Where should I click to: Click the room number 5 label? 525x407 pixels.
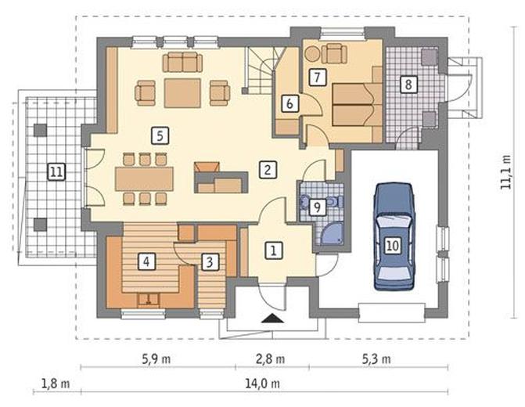160,136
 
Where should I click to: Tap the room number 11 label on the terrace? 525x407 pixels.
56,172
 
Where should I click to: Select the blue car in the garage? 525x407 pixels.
393,236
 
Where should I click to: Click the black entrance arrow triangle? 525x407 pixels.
273,319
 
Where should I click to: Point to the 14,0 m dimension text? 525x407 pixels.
263,384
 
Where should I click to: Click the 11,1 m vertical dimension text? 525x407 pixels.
506,172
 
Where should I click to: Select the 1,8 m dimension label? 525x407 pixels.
56,384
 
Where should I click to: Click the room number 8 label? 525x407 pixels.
408,84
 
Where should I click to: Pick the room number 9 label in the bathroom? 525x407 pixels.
317,207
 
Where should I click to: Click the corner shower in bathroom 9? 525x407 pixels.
330,234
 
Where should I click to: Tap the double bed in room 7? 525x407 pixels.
358,105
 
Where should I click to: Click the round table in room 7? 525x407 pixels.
312,54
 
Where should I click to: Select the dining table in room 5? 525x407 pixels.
144,179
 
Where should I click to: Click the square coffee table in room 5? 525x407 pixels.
182,93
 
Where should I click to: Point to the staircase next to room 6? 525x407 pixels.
263,70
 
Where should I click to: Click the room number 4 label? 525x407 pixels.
146,261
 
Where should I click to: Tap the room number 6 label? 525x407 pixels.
289,103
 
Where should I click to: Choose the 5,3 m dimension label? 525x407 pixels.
376,359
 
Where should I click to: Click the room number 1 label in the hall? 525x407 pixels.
274,250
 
